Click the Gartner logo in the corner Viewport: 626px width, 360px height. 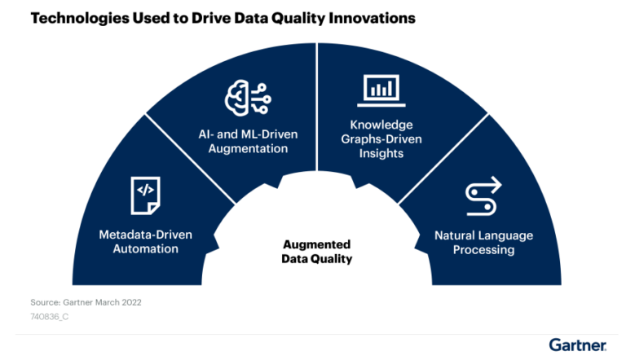point(576,345)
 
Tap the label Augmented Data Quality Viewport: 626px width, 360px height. point(316,252)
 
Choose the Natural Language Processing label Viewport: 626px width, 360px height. point(483,243)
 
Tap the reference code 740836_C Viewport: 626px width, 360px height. point(51,317)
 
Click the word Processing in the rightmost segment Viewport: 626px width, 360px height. point(483,250)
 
